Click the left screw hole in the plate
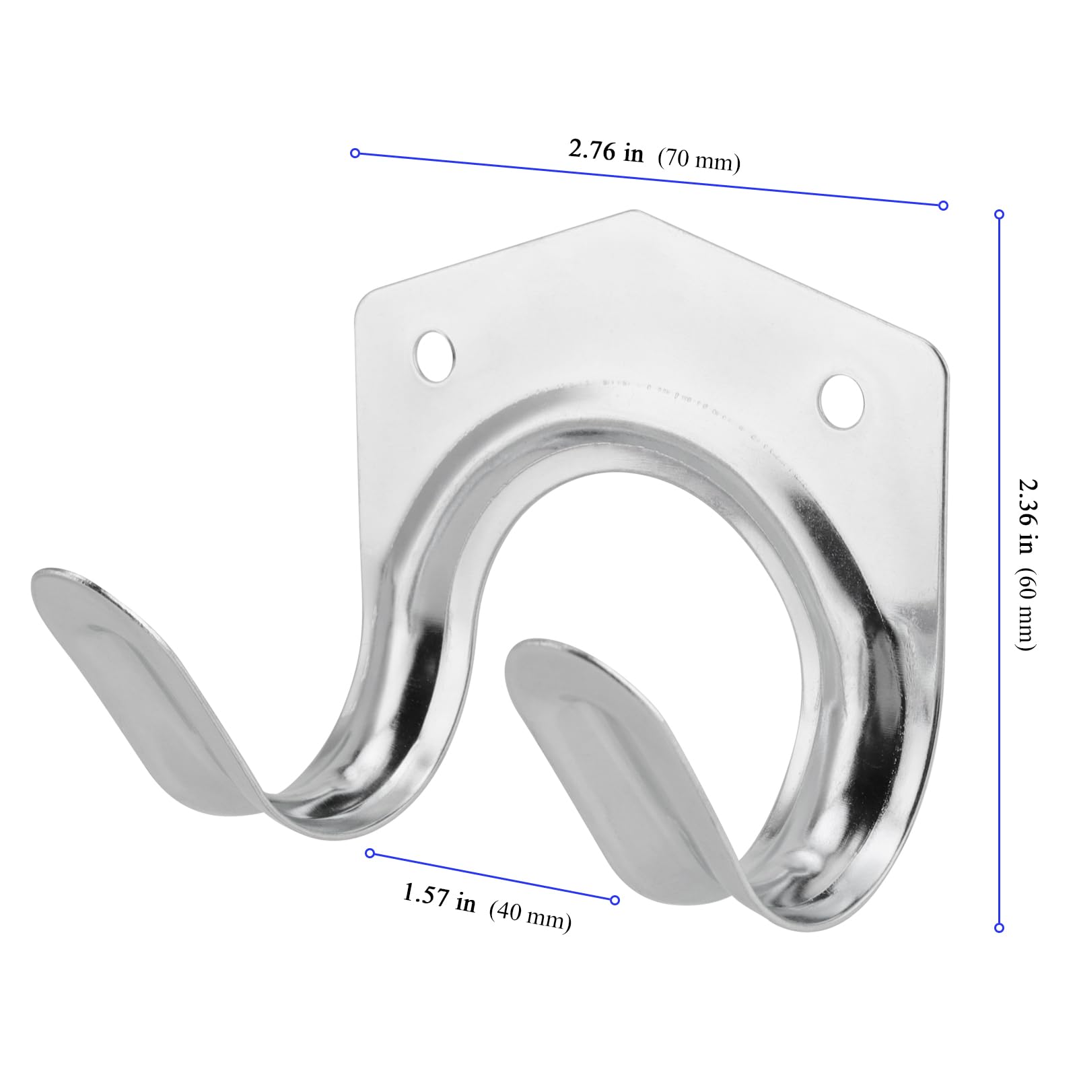coord(436,356)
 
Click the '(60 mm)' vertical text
coord(1026,610)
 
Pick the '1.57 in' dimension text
coord(439,898)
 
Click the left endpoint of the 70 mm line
coord(355,153)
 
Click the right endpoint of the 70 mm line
coord(943,205)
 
